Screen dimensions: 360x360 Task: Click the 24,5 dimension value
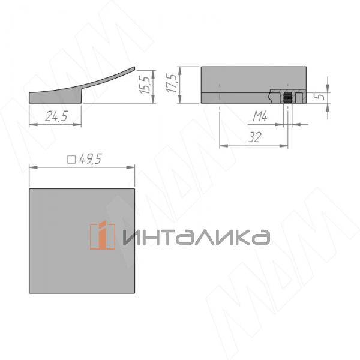pyautogui.click(x=55, y=117)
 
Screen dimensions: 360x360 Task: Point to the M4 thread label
pyautogui.click(x=259, y=115)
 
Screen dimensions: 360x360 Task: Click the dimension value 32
pyautogui.click(x=255, y=137)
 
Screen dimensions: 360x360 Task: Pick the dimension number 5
pyautogui.click(x=322, y=95)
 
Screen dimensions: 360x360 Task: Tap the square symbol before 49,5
pyautogui.click(x=71, y=160)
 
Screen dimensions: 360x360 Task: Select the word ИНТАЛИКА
pyautogui.click(x=196, y=236)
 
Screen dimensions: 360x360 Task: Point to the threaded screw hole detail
pyautogui.click(x=289, y=97)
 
